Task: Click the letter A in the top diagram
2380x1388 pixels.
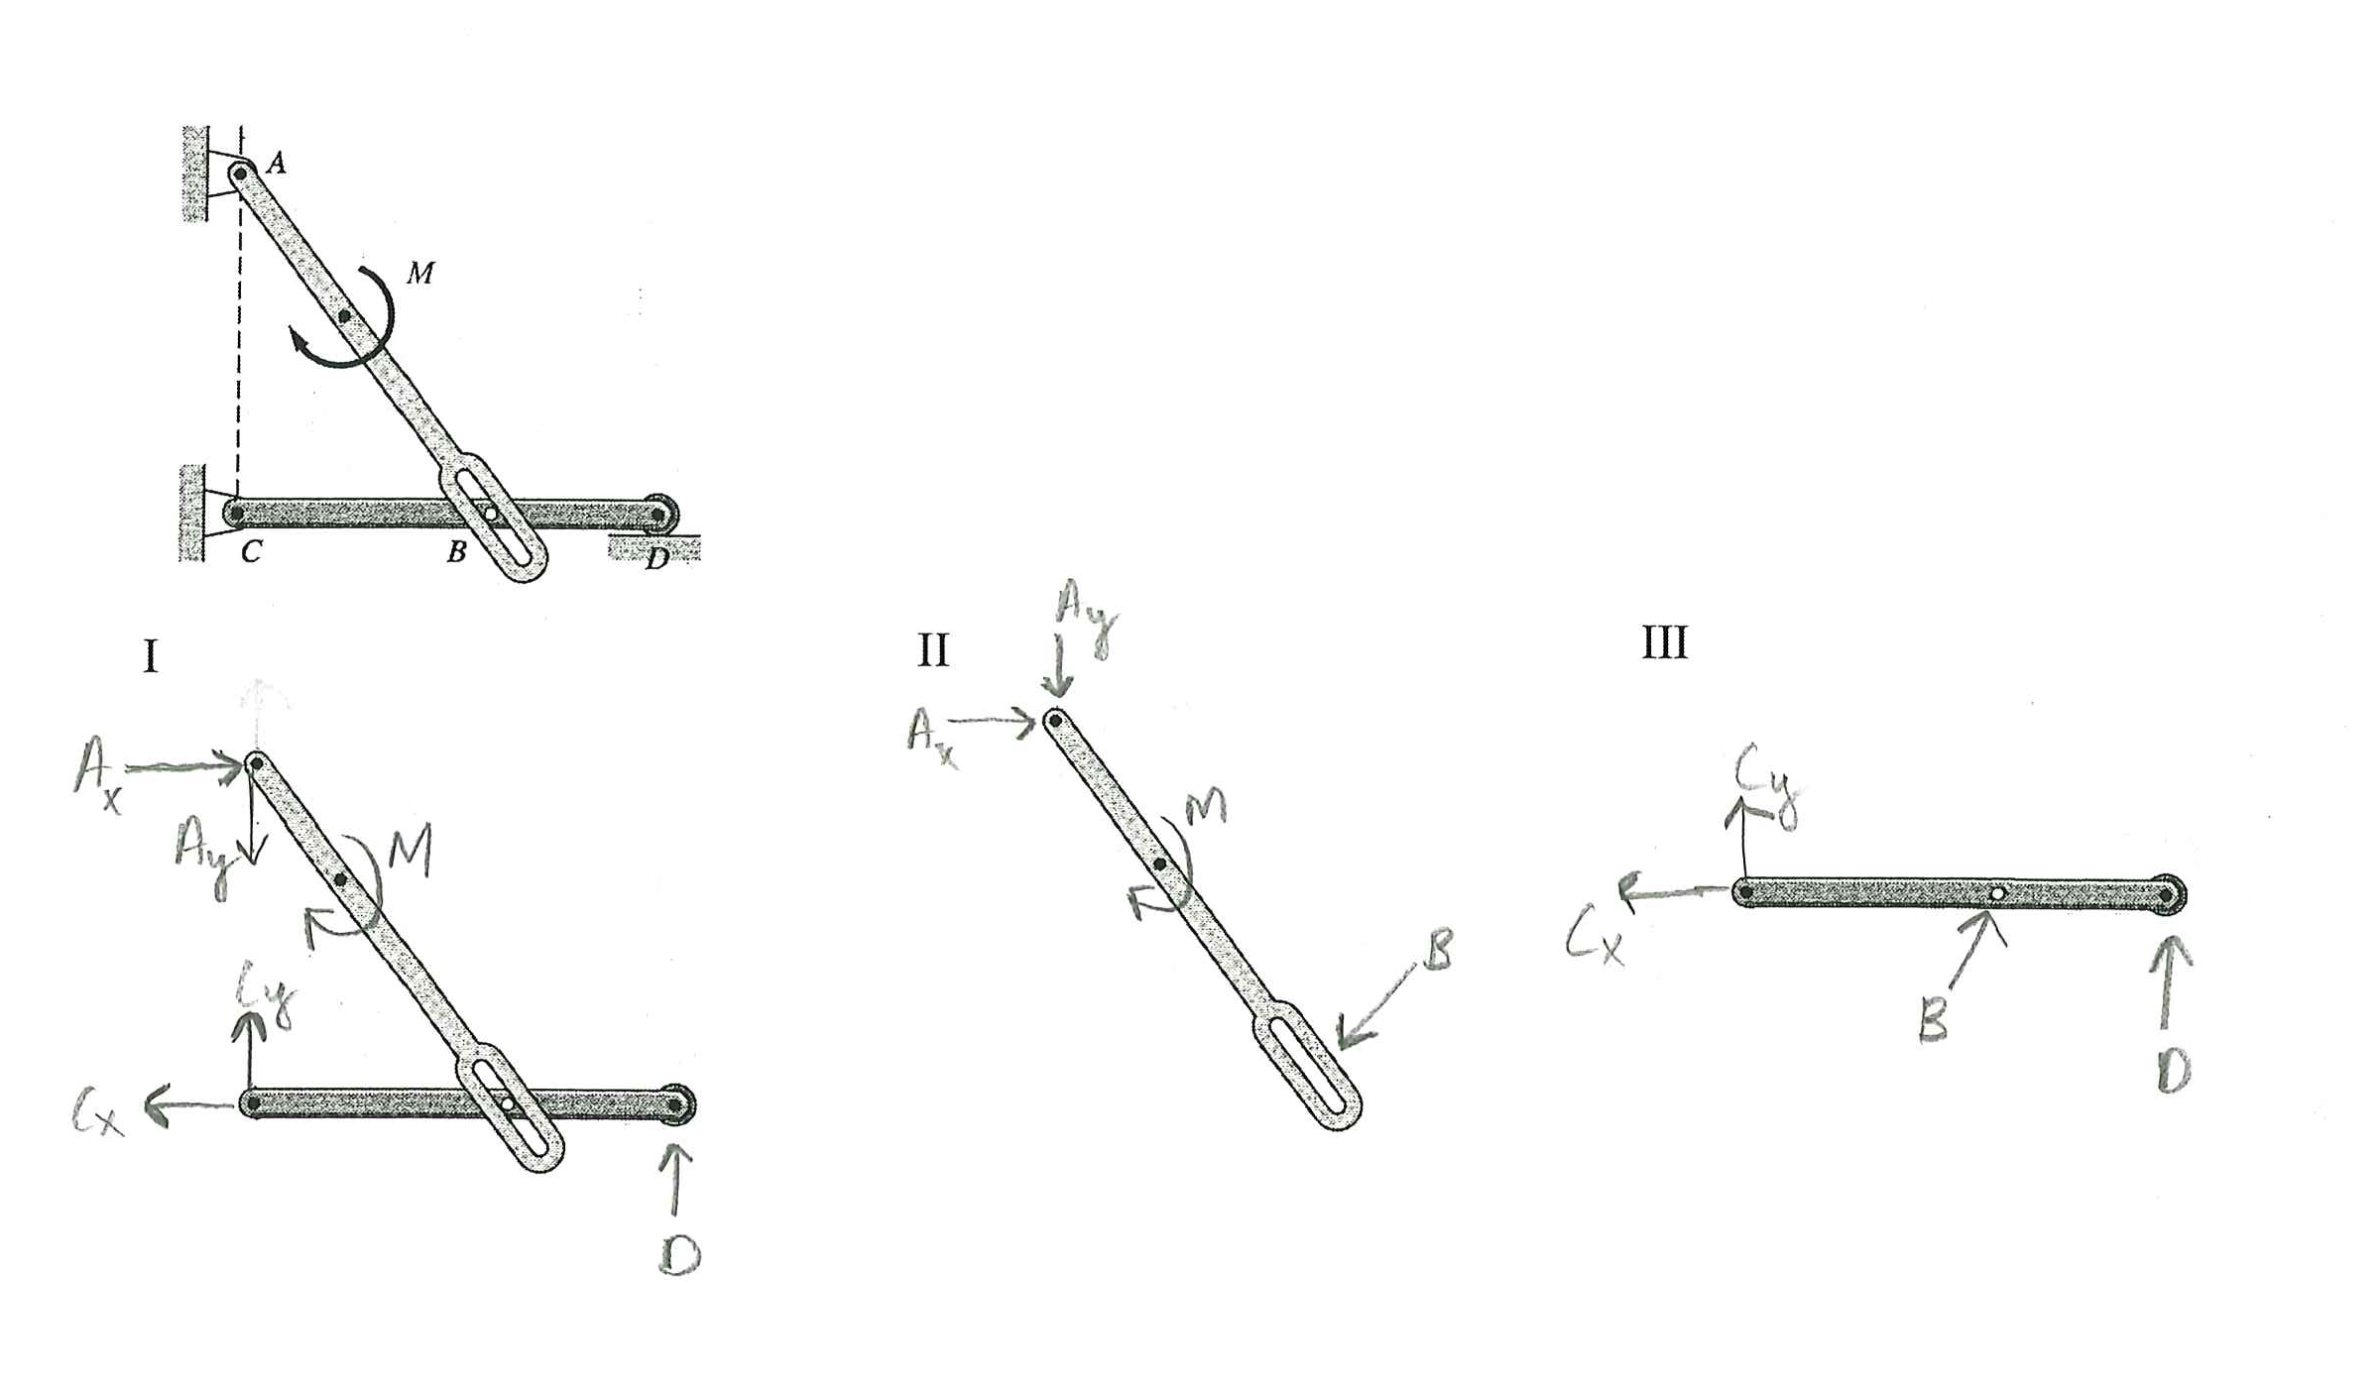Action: pyautogui.click(x=277, y=163)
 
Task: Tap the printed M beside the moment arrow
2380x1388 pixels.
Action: pyautogui.click(x=420, y=273)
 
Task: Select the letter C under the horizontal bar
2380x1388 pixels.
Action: pyautogui.click(x=251, y=551)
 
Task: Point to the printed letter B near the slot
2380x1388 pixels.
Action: pyautogui.click(x=456, y=551)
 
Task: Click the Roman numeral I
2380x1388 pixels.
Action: pyautogui.click(x=151, y=656)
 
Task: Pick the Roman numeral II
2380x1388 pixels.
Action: pyautogui.click(x=933, y=650)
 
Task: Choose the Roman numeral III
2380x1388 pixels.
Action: pyautogui.click(x=1664, y=642)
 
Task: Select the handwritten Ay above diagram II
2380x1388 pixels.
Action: pyautogui.click(x=1087, y=617)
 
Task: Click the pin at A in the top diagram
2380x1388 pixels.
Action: pyautogui.click(x=241, y=174)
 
